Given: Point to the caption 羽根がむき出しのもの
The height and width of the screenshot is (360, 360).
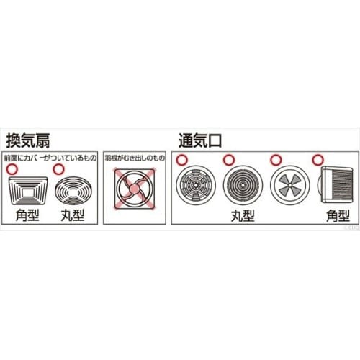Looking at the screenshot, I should [135, 157].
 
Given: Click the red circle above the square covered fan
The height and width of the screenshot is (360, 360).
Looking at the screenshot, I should [10, 169].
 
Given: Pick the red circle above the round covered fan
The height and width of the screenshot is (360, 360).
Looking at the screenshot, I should [57, 169].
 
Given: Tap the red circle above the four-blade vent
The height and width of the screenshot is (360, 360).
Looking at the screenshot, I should [274, 160].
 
